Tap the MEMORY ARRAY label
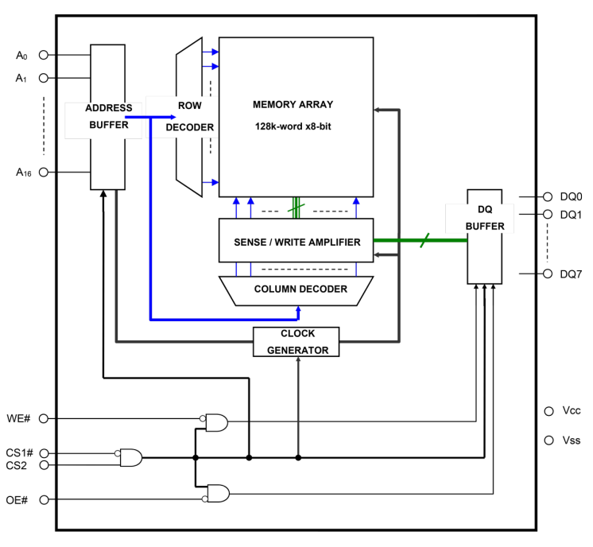pos(293,104)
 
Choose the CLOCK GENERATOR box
pos(297,342)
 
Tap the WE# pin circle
pos(44,418)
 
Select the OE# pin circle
pos(44,499)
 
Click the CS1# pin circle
pos(44,452)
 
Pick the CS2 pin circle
pos(44,464)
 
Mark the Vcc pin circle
pos(548,411)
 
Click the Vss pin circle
pos(548,440)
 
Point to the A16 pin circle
pos(44,172)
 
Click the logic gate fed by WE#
pos(216,422)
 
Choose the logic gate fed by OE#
pos(216,494)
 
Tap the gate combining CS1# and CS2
pos(130,457)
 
